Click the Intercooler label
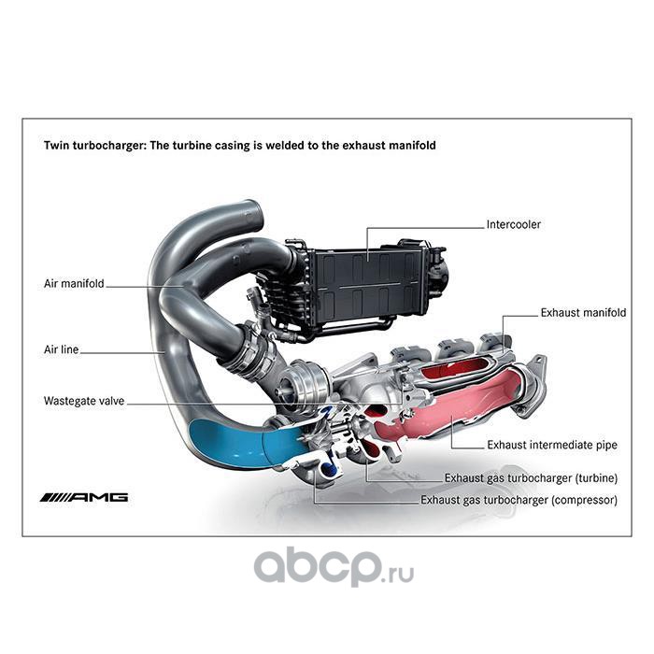[513, 224]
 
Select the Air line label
[62, 350]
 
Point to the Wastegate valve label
[83, 402]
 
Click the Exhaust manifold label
[582, 313]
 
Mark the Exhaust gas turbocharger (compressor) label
[519, 501]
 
